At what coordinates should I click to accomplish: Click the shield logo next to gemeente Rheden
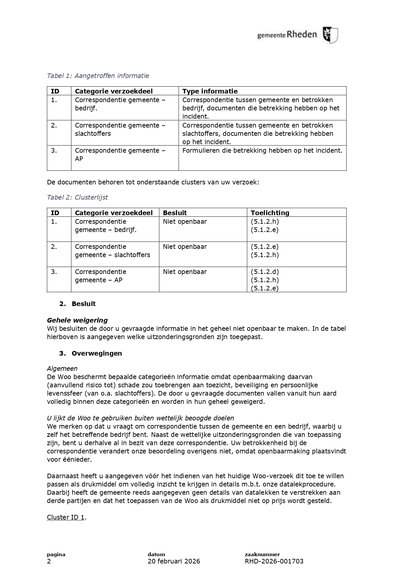(330, 35)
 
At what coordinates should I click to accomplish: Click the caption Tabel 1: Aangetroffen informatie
(98, 76)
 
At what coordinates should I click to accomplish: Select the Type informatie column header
(210, 91)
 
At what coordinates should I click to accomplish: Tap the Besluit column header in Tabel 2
(175, 213)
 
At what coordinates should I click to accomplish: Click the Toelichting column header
(270, 213)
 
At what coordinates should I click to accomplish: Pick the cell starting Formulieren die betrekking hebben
(262, 150)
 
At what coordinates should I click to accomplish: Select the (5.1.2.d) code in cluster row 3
(264, 272)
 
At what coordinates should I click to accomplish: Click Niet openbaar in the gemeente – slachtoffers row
(185, 247)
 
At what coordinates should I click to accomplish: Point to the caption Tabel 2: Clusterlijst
(77, 197)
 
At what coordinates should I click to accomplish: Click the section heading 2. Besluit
(77, 304)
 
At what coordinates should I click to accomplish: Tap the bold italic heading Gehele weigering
(77, 320)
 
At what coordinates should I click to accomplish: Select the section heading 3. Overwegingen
(90, 353)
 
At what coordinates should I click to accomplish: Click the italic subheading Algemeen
(62, 368)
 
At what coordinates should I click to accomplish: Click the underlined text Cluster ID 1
(66, 517)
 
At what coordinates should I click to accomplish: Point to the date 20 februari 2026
(174, 561)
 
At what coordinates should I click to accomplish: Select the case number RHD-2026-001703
(274, 561)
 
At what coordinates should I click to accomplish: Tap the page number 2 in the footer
(49, 561)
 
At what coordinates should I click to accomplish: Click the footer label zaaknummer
(262, 555)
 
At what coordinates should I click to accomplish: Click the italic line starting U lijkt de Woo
(140, 418)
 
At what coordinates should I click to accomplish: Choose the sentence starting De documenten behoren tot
(153, 182)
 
